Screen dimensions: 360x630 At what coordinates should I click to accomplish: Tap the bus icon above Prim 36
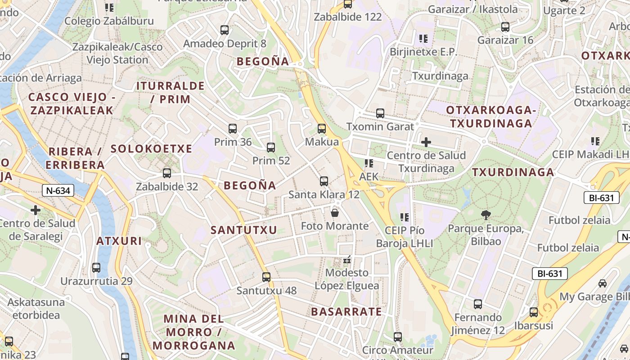233,129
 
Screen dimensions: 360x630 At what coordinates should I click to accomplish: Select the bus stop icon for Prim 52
271,147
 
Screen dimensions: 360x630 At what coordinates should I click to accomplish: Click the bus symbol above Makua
322,129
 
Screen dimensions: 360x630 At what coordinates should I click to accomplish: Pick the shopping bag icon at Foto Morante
335,212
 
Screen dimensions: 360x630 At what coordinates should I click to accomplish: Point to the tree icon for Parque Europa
486,215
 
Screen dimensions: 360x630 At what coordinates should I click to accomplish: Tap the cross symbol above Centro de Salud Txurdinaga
426,143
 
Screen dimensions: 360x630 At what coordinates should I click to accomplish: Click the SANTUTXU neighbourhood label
244,230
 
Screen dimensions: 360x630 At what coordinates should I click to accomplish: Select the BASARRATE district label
346,311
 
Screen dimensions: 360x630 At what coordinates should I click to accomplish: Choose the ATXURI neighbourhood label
119,241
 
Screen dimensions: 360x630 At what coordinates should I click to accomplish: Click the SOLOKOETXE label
151,148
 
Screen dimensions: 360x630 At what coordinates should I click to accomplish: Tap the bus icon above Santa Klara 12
324,181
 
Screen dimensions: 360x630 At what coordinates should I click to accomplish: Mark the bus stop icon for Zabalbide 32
167,173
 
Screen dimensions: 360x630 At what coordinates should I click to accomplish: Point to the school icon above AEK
369,163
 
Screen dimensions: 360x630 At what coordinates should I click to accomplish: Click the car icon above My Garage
603,283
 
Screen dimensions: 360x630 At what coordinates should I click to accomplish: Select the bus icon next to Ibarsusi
534,312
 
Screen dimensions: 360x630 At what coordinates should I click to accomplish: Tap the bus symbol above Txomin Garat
380,113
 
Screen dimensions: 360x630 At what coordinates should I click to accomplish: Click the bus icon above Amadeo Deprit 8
225,30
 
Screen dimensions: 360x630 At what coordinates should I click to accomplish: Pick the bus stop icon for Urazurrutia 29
96,268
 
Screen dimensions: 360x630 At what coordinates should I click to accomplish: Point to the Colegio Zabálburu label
109,21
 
